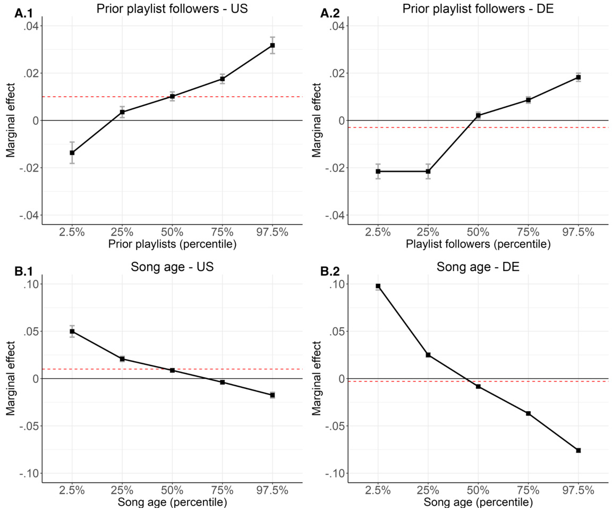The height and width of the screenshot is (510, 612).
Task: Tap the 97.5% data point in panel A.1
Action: tap(273, 45)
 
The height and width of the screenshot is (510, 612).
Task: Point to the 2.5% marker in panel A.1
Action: tap(72, 152)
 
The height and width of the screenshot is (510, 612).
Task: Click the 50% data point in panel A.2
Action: tap(478, 115)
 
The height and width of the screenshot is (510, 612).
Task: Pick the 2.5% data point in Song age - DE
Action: tap(378, 286)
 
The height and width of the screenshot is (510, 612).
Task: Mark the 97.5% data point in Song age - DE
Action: tap(578, 450)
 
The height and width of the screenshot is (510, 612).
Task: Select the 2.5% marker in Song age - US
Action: tap(72, 331)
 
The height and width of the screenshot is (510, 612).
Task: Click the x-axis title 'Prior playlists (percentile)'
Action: tap(172, 245)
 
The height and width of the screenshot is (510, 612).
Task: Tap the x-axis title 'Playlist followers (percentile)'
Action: tap(478, 245)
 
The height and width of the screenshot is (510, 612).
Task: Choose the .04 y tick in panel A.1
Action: tap(29, 26)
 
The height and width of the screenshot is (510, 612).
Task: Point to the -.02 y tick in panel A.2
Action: tap(333, 168)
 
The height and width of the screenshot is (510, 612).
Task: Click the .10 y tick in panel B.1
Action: tap(29, 284)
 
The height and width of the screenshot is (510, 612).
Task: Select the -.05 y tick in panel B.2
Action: tap(333, 426)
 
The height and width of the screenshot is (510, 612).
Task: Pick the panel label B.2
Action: tap(331, 271)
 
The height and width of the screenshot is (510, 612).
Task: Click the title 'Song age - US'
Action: tap(172, 267)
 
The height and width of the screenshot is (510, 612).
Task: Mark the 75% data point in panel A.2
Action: tap(528, 100)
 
